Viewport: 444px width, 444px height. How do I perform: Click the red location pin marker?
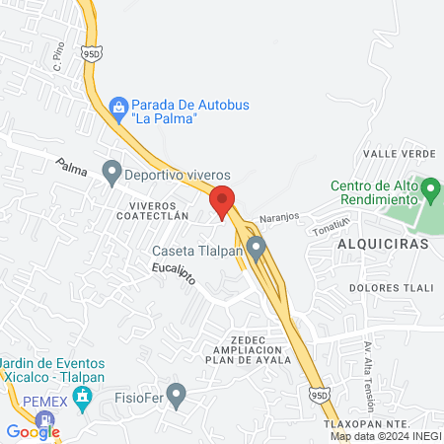pos(222,200)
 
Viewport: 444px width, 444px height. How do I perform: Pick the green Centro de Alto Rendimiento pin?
pos(429,186)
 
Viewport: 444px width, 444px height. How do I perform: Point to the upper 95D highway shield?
pos(92,52)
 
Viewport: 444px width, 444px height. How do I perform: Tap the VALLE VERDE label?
pos(400,154)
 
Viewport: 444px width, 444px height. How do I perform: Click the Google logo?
pos(33,431)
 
